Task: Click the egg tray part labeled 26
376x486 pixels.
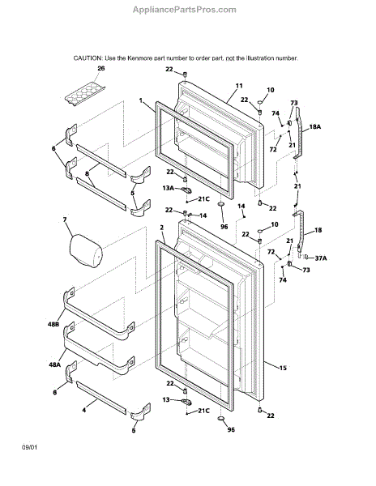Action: pyautogui.click(x=85, y=94)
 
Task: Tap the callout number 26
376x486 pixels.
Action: pyautogui.click(x=101, y=69)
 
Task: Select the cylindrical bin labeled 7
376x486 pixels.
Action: pyautogui.click(x=86, y=251)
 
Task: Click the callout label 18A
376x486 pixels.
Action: pyautogui.click(x=315, y=127)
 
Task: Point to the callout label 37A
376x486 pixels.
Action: pyautogui.click(x=321, y=258)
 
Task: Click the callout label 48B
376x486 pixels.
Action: pyautogui.click(x=53, y=324)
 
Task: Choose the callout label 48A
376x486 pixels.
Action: pyautogui.click(x=54, y=364)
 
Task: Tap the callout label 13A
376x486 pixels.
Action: pyautogui.click(x=169, y=188)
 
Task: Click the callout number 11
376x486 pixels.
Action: pyautogui.click(x=239, y=86)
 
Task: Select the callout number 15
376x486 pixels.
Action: pyautogui.click(x=283, y=368)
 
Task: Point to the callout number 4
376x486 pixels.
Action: pyautogui.click(x=84, y=410)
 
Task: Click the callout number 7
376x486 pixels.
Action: pyautogui.click(x=65, y=220)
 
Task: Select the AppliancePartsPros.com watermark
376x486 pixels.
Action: pyautogui.click(x=185, y=10)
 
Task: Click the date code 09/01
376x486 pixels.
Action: pyautogui.click(x=29, y=448)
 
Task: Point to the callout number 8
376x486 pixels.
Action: pyautogui.click(x=87, y=173)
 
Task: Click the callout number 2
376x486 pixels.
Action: pyautogui.click(x=161, y=228)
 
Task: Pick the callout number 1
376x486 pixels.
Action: pyautogui.click(x=141, y=100)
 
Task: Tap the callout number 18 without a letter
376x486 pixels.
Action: pyautogui.click(x=318, y=230)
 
